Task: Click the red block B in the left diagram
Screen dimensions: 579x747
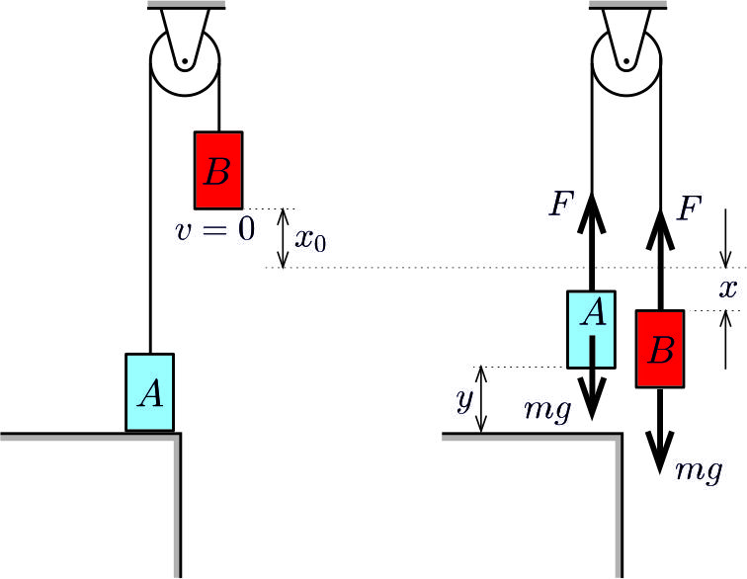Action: click(x=218, y=169)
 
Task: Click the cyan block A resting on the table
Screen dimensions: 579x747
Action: click(x=149, y=391)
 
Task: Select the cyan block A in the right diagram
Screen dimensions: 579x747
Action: click(x=592, y=327)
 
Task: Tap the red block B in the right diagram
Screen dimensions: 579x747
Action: click(x=661, y=349)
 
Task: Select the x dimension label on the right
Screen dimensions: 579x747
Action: click(x=728, y=289)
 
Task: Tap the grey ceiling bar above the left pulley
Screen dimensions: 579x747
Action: click(x=185, y=5)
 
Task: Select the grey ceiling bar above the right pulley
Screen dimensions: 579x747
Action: click(x=626, y=5)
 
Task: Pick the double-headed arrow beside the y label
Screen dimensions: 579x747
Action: click(x=481, y=399)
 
